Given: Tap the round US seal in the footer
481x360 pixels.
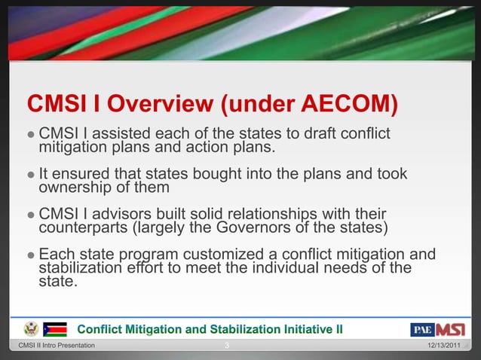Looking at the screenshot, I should click(31, 329).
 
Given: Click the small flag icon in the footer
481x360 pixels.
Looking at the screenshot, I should click(55, 329).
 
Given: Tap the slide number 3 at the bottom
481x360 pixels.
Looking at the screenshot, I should click(228, 346).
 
